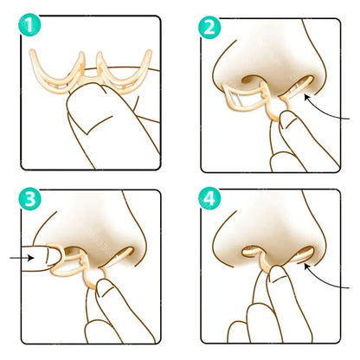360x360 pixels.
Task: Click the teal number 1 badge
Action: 32,28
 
